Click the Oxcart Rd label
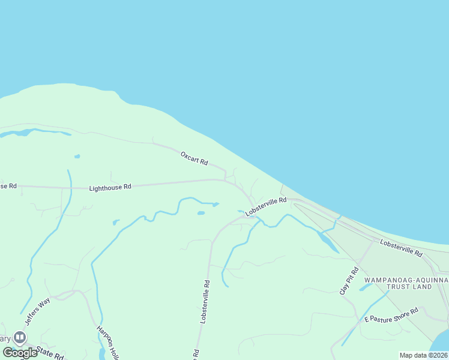click(194, 158)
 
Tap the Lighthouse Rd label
click(110, 188)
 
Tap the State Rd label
click(49, 352)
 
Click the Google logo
click(20, 353)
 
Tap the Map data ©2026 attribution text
click(424, 355)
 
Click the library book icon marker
click(20, 338)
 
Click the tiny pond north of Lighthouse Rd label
click(77, 157)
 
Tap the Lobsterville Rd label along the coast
click(401, 248)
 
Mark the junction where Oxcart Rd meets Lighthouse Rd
click(226, 179)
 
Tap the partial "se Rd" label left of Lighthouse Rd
click(8, 186)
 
